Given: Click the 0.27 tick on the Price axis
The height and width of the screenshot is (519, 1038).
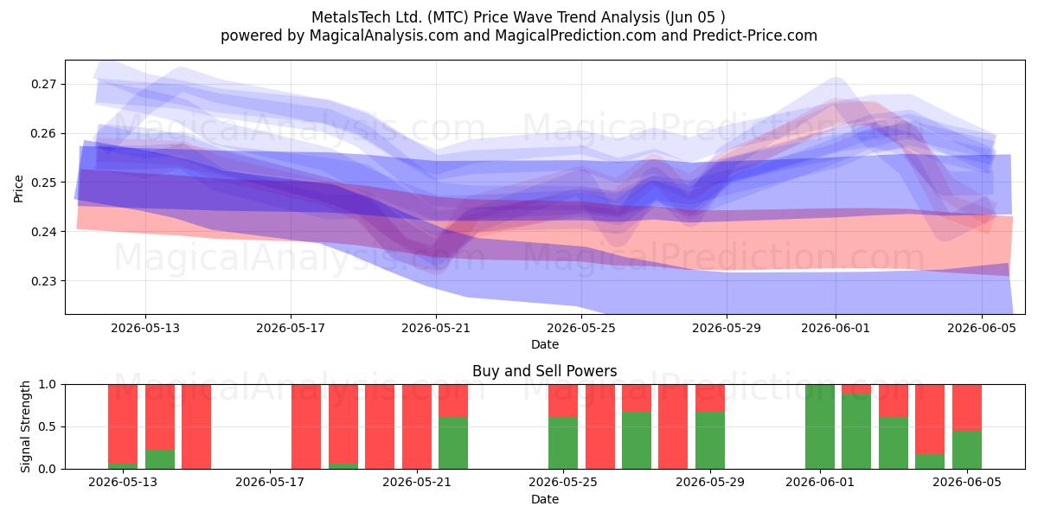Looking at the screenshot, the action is (43, 85).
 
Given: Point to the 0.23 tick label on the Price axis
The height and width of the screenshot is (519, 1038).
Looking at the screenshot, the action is (43, 281).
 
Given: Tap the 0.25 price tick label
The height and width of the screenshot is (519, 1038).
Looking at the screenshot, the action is (43, 183).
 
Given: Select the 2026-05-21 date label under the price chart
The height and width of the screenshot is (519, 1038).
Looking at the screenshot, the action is (436, 328).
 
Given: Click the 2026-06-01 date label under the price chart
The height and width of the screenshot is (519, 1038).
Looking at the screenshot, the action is (836, 328).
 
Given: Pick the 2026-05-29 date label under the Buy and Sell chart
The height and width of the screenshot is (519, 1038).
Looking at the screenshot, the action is (710, 483).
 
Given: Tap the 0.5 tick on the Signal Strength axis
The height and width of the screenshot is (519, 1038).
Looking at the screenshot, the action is (48, 426).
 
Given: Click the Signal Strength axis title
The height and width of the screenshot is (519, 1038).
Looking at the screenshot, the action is (25, 426).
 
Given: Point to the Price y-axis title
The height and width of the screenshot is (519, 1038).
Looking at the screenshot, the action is (18, 189).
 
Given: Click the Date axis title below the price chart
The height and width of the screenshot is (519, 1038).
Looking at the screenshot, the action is (545, 345).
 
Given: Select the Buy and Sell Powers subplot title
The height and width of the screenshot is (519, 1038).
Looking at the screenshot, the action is (544, 371).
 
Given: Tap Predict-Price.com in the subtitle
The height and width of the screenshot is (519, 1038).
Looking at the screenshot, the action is (755, 35).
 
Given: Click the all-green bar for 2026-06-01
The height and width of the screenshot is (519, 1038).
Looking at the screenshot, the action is (820, 426).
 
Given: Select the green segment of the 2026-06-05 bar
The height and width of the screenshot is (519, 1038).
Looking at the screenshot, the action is (967, 450).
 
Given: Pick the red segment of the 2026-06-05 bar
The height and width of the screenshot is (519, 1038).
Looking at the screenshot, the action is (967, 407).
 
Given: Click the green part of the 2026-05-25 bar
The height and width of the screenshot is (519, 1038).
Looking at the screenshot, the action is (563, 443).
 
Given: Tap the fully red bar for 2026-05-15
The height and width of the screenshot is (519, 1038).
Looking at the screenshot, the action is (196, 426).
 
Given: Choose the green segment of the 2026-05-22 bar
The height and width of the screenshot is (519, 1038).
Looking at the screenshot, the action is (453, 443).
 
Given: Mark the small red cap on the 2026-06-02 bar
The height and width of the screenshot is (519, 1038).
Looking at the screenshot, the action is (856, 389).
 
